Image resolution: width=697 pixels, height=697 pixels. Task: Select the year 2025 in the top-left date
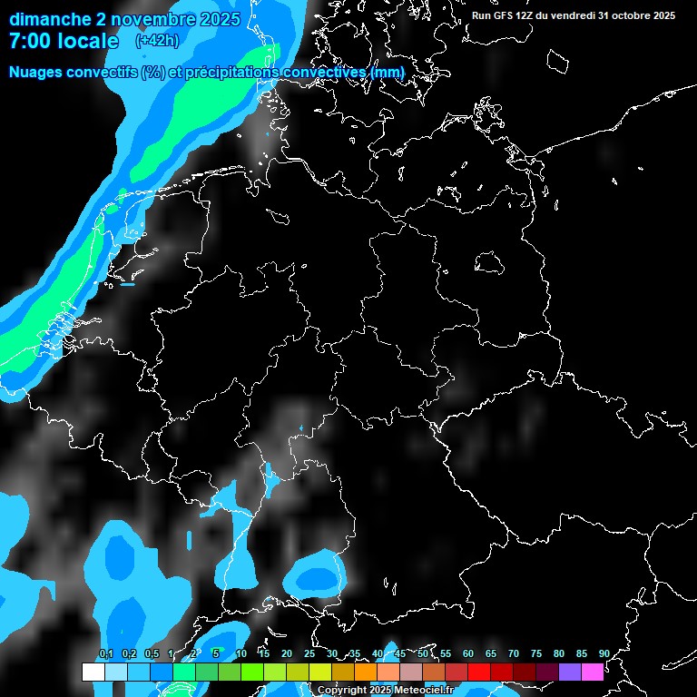[219, 19]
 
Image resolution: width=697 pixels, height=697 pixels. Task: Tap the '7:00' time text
[32, 41]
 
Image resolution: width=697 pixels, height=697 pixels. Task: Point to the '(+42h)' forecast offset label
[157, 41]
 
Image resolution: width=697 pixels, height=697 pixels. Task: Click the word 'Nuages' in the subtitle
[39, 72]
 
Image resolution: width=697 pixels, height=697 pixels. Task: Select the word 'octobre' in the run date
[625, 15]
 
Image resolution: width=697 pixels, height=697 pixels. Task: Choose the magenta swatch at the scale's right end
[593, 672]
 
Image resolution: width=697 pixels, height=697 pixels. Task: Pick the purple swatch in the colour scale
[570, 672]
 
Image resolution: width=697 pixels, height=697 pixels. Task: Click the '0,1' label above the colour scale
[105, 654]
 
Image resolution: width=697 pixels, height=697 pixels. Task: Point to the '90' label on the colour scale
[604, 654]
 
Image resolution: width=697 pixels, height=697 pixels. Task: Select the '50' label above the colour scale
[423, 654]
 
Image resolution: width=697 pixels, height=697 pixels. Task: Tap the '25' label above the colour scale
[309, 654]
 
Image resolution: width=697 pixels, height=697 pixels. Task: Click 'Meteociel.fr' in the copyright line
[424, 691]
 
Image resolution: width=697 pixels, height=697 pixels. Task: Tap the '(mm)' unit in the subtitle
[388, 72]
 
